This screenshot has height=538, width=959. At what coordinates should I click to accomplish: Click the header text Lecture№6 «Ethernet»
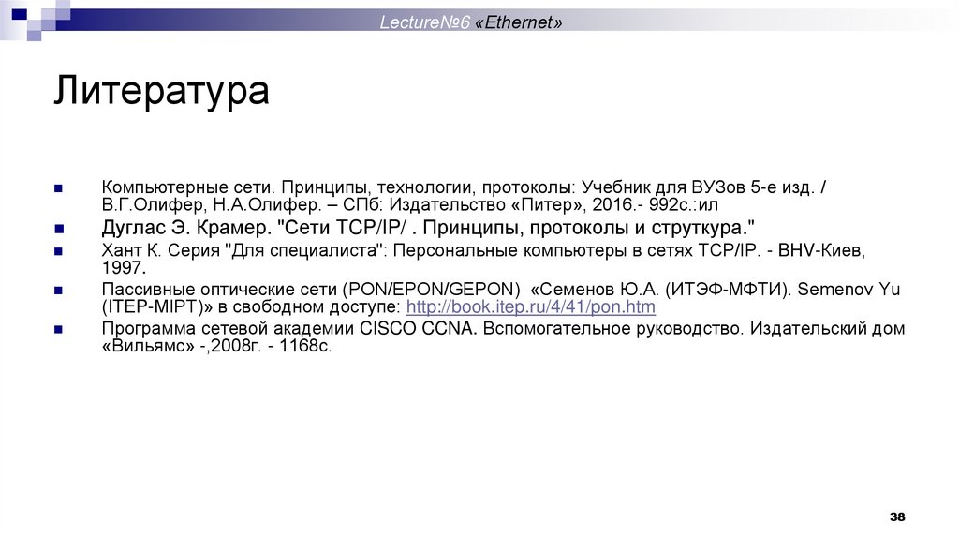click(471, 22)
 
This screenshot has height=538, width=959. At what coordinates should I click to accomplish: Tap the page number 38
click(897, 517)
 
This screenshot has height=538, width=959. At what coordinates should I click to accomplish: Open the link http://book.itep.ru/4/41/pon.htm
click(531, 306)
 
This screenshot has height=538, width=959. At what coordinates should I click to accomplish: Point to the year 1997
click(124, 267)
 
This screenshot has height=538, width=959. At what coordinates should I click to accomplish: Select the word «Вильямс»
click(147, 346)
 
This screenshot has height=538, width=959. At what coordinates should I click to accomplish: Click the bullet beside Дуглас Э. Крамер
click(59, 230)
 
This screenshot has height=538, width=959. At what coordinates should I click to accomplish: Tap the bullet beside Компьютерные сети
click(59, 187)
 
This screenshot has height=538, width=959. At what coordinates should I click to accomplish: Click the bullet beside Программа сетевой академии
click(59, 330)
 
